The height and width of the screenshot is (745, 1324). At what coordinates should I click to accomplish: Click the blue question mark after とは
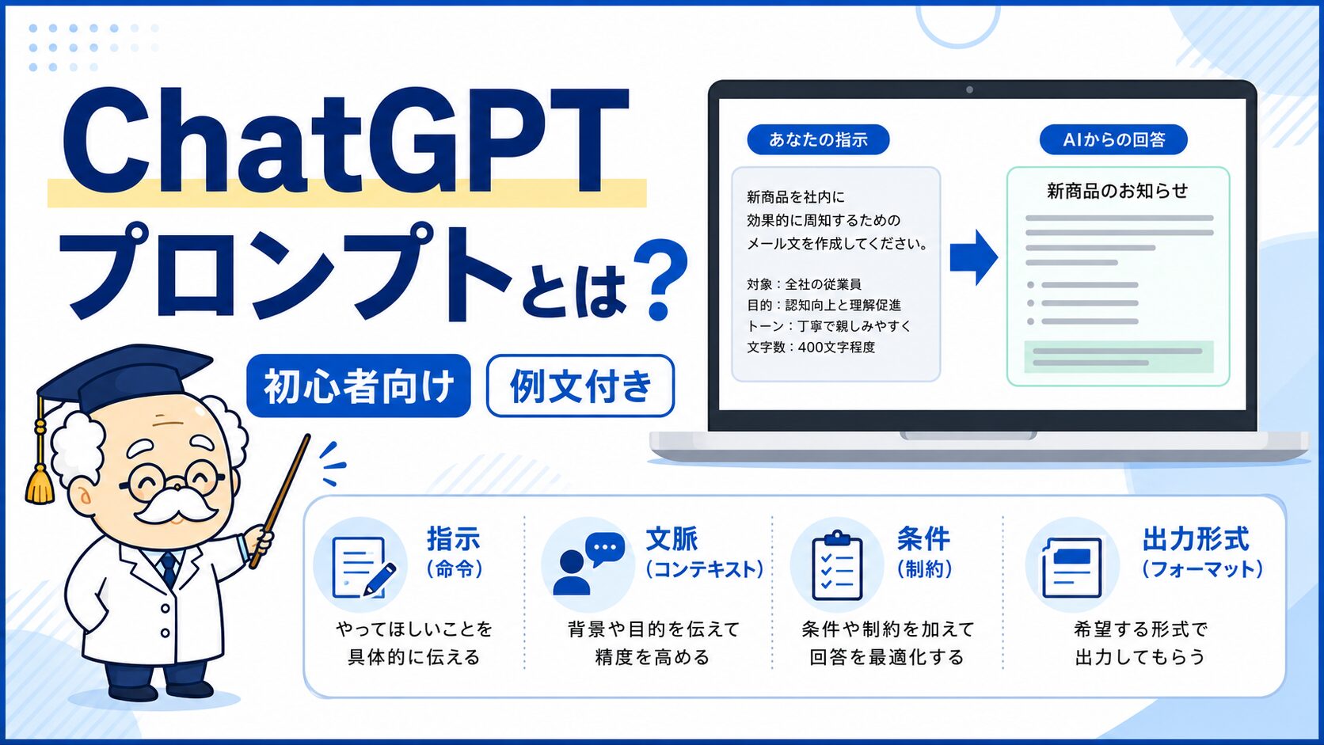pos(660,278)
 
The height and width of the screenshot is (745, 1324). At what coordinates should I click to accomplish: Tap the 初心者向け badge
pos(358,386)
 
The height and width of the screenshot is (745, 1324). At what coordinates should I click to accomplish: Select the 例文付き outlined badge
pos(580,386)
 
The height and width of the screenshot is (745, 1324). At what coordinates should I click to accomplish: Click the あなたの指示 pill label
pos(818,139)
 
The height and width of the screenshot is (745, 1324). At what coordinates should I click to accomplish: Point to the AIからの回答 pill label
pos(1113,139)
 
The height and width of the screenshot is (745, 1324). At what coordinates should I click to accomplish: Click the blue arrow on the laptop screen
pos(973,257)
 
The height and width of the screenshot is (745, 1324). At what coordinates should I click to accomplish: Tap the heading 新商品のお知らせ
pos(1117,191)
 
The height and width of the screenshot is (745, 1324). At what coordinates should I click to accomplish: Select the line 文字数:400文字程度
pos(811,347)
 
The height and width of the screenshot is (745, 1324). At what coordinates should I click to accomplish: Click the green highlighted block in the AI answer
pos(1118,356)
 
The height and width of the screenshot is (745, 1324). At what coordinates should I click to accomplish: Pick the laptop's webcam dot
pos(969,89)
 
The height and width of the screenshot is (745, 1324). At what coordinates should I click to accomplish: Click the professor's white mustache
pos(173,506)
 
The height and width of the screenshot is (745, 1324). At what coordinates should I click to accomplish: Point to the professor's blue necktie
pos(169,568)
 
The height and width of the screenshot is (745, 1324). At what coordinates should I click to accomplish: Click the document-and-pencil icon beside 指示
pos(363,566)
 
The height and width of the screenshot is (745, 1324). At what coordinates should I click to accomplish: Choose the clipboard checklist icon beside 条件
pos(837,565)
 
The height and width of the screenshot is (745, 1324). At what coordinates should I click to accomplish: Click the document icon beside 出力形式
pos(1071,567)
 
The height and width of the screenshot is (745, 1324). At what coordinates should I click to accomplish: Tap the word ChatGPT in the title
pos(345,141)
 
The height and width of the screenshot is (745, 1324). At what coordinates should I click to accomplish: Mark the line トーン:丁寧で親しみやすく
pos(828,326)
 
